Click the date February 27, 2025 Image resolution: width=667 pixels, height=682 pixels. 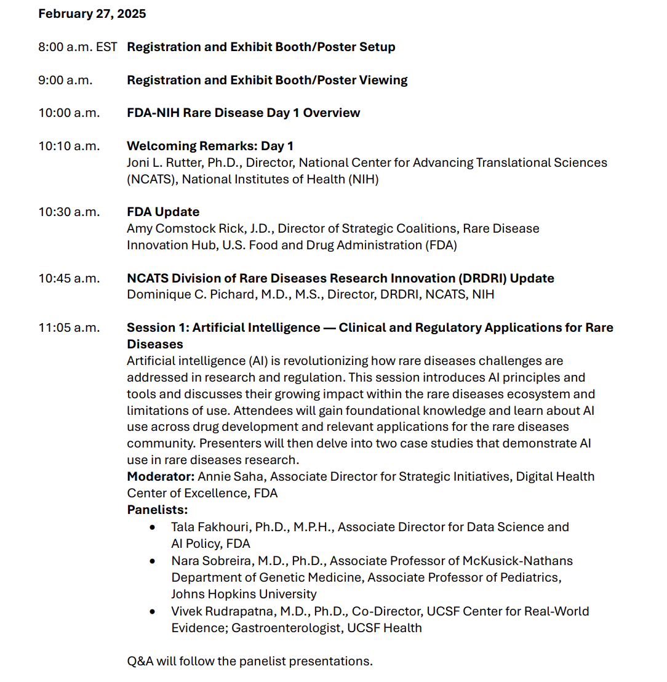click(x=92, y=14)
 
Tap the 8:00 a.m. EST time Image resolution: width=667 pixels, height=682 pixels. click(x=78, y=47)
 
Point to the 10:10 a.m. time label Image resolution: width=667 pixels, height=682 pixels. click(x=69, y=146)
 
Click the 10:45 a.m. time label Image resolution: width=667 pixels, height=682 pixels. click(x=69, y=278)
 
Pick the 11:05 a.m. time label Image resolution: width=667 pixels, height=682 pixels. click(x=69, y=327)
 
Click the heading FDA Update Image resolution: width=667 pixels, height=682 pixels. click(x=163, y=212)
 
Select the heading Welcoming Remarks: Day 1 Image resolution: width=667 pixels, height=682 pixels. click(x=210, y=146)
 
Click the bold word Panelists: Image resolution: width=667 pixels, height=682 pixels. click(x=158, y=510)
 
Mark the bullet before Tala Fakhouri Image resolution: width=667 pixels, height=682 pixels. click(x=153, y=528)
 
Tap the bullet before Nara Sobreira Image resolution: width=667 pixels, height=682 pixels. click(x=153, y=561)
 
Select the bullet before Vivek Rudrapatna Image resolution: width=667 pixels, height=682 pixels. click(x=153, y=612)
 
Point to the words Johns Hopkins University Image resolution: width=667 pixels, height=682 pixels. click(x=244, y=594)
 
